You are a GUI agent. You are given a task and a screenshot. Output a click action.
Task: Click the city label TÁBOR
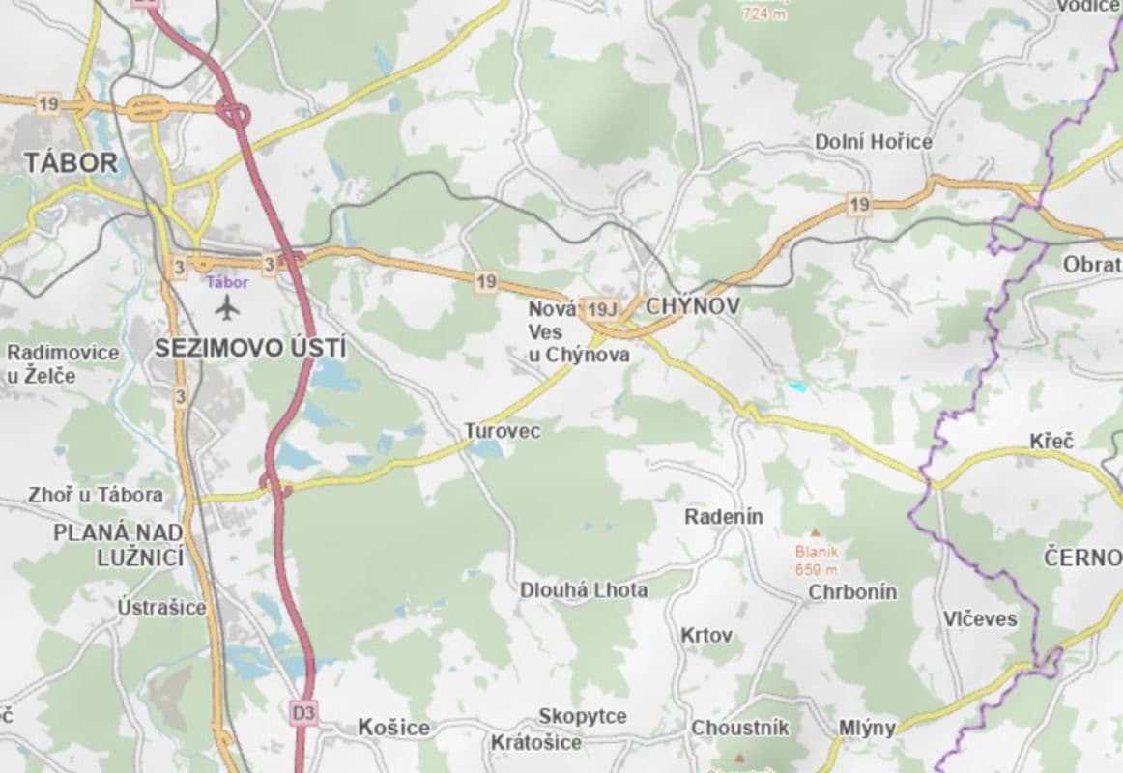pos(71,162)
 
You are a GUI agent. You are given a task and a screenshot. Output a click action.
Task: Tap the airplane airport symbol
pos(228,308)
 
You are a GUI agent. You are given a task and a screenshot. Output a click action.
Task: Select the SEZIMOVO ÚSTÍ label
pos(251,349)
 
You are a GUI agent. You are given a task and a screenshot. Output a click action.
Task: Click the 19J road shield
pos(601,309)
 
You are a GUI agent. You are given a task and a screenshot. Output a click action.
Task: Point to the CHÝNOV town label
pos(691,307)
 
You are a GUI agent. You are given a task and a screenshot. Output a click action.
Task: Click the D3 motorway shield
pos(302,713)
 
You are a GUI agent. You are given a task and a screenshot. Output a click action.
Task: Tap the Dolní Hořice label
pos(874,142)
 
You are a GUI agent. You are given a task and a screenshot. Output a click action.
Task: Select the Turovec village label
pos(502,431)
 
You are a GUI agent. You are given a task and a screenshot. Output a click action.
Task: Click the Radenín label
pos(724,517)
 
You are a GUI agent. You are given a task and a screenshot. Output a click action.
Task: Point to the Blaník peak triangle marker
pos(815,532)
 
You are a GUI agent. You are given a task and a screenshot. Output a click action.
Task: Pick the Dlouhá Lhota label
pos(584,589)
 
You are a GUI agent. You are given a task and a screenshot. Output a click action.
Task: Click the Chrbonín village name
pos(852,591)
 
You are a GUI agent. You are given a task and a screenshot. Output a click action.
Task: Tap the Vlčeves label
pos(980,618)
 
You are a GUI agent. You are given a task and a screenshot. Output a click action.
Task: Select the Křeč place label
pos(1051,441)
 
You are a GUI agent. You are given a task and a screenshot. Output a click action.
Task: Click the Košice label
pos(393,728)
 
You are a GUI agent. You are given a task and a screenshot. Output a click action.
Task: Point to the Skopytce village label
pos(583,716)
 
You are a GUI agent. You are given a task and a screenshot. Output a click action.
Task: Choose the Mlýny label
pos(867,728)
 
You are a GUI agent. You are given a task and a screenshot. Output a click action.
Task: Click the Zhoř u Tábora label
pos(96,495)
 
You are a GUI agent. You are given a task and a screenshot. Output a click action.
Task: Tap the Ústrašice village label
pos(161,607)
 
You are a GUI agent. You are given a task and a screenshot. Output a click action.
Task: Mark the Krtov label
pos(706,636)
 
